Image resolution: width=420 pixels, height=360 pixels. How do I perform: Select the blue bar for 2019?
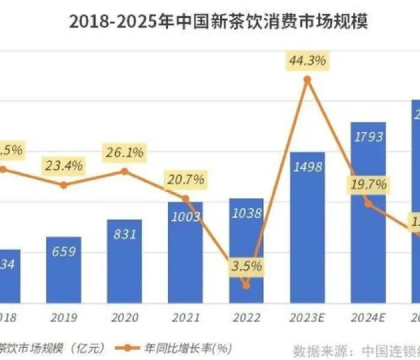point(64,270)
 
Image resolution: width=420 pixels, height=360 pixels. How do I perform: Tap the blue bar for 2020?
point(124,261)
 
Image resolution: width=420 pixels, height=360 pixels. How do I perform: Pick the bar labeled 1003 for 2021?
point(185,252)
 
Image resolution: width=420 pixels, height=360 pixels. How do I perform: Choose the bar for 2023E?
point(307,228)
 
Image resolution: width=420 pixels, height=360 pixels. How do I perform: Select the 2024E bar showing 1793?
point(368,213)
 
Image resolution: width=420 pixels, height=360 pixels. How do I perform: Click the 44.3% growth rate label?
point(307,61)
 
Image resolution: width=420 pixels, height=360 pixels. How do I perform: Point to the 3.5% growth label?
point(247,266)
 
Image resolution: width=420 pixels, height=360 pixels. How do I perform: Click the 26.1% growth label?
point(124,152)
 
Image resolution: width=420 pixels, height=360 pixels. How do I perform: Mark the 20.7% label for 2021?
point(185,179)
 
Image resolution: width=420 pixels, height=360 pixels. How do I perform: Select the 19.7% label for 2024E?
point(368,185)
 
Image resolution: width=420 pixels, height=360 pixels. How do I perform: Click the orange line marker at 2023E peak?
point(307,79)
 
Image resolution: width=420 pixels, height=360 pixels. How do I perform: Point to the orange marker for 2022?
point(247,286)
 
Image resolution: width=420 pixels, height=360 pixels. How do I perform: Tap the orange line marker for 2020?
point(124,171)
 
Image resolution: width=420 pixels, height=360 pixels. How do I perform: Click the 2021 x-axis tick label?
point(185,317)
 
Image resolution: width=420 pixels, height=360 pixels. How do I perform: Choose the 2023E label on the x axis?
point(307,317)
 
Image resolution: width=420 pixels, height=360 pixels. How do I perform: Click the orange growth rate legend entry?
point(180,347)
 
